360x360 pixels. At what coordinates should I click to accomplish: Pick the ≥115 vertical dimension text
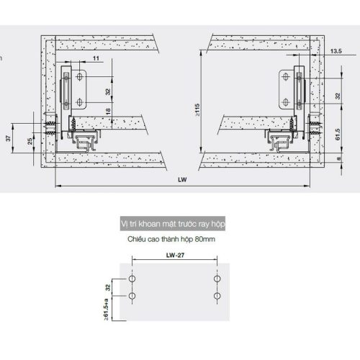(197, 109)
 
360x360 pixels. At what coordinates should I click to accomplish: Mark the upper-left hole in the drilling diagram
(132, 278)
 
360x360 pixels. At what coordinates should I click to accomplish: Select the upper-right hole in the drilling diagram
(217, 278)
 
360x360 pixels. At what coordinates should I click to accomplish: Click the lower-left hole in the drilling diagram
(132, 296)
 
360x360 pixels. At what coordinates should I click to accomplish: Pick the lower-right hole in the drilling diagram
(217, 296)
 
